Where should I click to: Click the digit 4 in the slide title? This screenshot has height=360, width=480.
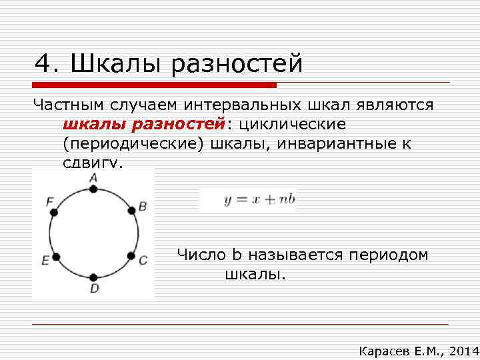pyautogui.click(x=44, y=64)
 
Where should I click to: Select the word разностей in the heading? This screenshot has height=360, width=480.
pyautogui.click(x=237, y=64)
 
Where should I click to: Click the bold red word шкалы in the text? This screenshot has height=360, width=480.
pyautogui.click(x=93, y=125)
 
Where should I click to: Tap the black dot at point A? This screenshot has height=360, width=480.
pyautogui.click(x=93, y=189)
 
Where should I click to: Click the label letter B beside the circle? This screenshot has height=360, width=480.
pyautogui.click(x=142, y=206)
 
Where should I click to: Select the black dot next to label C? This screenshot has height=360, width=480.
pyautogui.click(x=131, y=256)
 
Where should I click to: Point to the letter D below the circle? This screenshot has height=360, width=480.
pyautogui.click(x=94, y=288)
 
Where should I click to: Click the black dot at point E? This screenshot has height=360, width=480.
pyautogui.click(x=55, y=256)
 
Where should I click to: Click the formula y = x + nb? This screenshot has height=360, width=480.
pyautogui.click(x=259, y=200)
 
